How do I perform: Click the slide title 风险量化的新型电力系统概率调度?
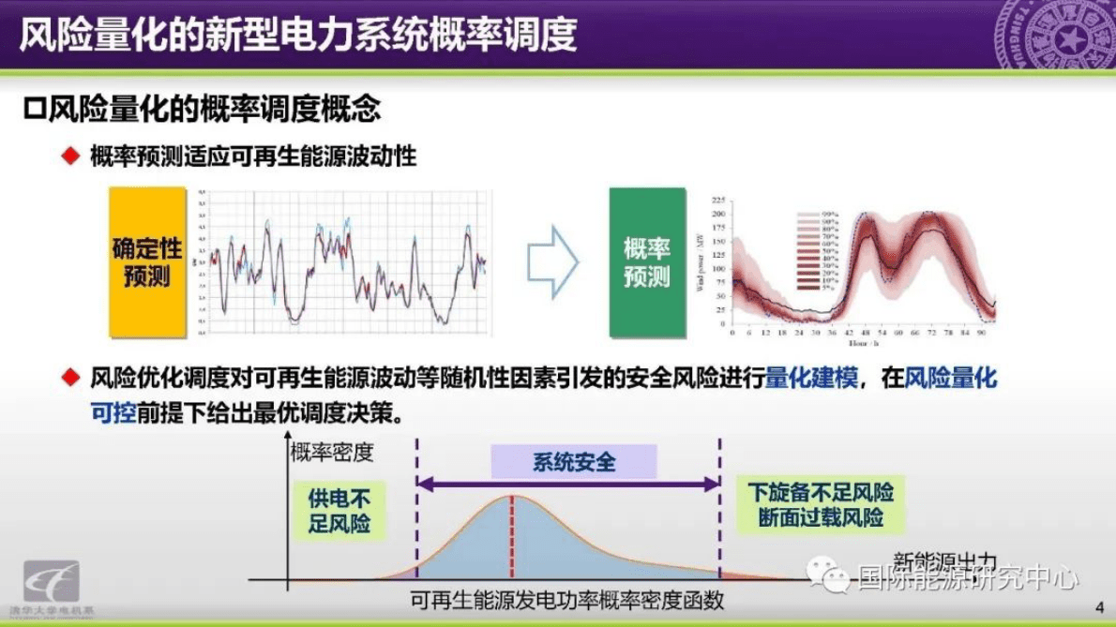[x=298, y=35]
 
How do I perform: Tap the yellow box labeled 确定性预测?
[x=147, y=261]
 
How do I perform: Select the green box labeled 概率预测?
[x=647, y=261]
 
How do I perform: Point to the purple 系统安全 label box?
[x=574, y=462]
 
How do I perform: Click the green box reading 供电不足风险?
[x=339, y=511]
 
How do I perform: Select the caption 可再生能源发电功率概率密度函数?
[x=567, y=601]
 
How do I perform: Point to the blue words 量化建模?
[x=811, y=379]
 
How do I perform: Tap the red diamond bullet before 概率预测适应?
[x=68, y=156]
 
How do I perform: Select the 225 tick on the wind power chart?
[x=719, y=201]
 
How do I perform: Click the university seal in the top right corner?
[x=1055, y=35]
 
